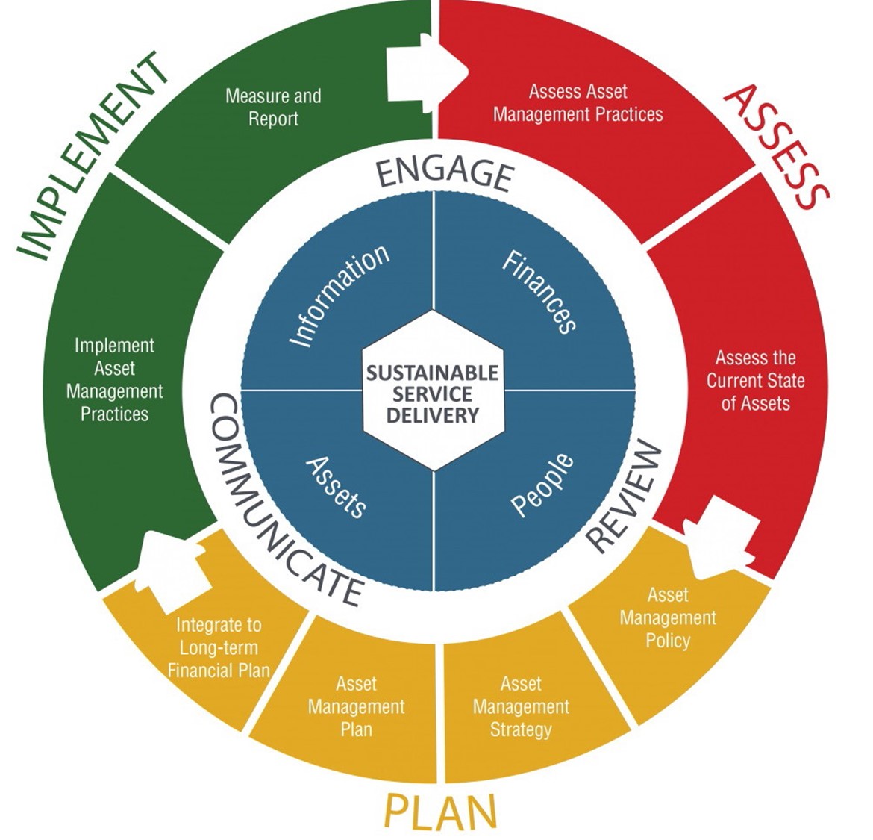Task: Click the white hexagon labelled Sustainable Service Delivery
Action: click(432, 391)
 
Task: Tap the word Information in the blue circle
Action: click(339, 296)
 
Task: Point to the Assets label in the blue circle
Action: click(337, 488)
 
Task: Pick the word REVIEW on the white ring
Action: click(625, 497)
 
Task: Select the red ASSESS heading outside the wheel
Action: click(776, 146)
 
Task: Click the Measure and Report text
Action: click(273, 108)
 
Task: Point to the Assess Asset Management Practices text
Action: click(578, 103)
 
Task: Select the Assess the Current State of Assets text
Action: click(755, 381)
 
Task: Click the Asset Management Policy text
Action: click(668, 617)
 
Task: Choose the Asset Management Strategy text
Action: click(521, 706)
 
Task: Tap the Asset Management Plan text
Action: click(356, 706)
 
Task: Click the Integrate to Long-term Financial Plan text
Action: click(219, 647)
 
